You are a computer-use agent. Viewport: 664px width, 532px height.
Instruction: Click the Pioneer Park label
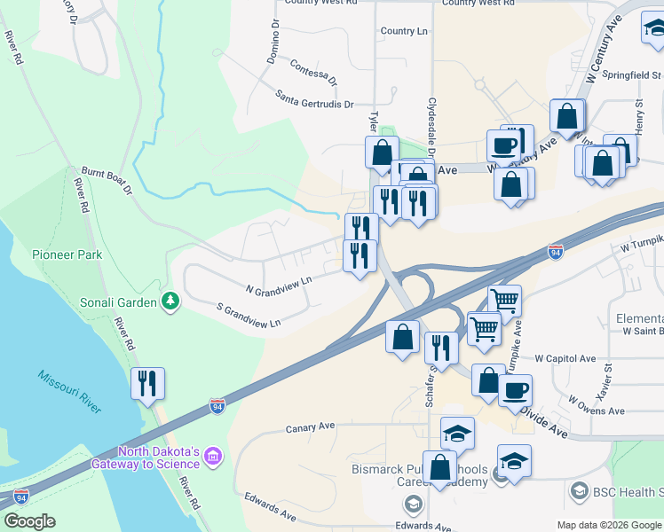pos(67,254)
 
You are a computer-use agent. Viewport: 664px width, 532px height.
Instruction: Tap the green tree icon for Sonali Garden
pos(170,302)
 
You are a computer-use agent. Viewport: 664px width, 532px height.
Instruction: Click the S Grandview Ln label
pos(249,315)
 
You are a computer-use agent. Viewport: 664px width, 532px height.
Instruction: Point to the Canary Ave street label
pos(310,427)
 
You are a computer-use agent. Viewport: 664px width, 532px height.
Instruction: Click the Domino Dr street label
pos(273,43)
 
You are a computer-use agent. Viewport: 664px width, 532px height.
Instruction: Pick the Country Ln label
pos(404,31)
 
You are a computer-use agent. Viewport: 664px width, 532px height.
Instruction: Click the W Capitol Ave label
pos(565,359)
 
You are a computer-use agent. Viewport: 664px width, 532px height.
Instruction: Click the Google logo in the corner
pos(30,521)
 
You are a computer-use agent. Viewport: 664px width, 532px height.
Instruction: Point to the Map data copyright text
pos(609,525)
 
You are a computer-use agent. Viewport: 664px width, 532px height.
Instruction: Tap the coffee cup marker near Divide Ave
pos(515,390)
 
